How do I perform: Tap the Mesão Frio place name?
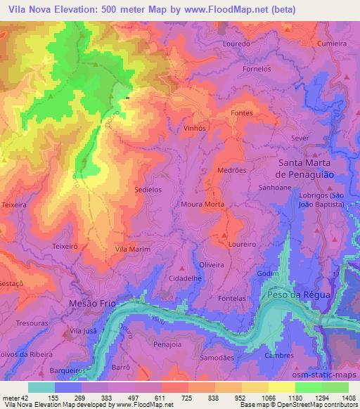click(x=94, y=303)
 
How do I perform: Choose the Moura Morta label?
click(x=203, y=204)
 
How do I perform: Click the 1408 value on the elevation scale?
click(x=349, y=396)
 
